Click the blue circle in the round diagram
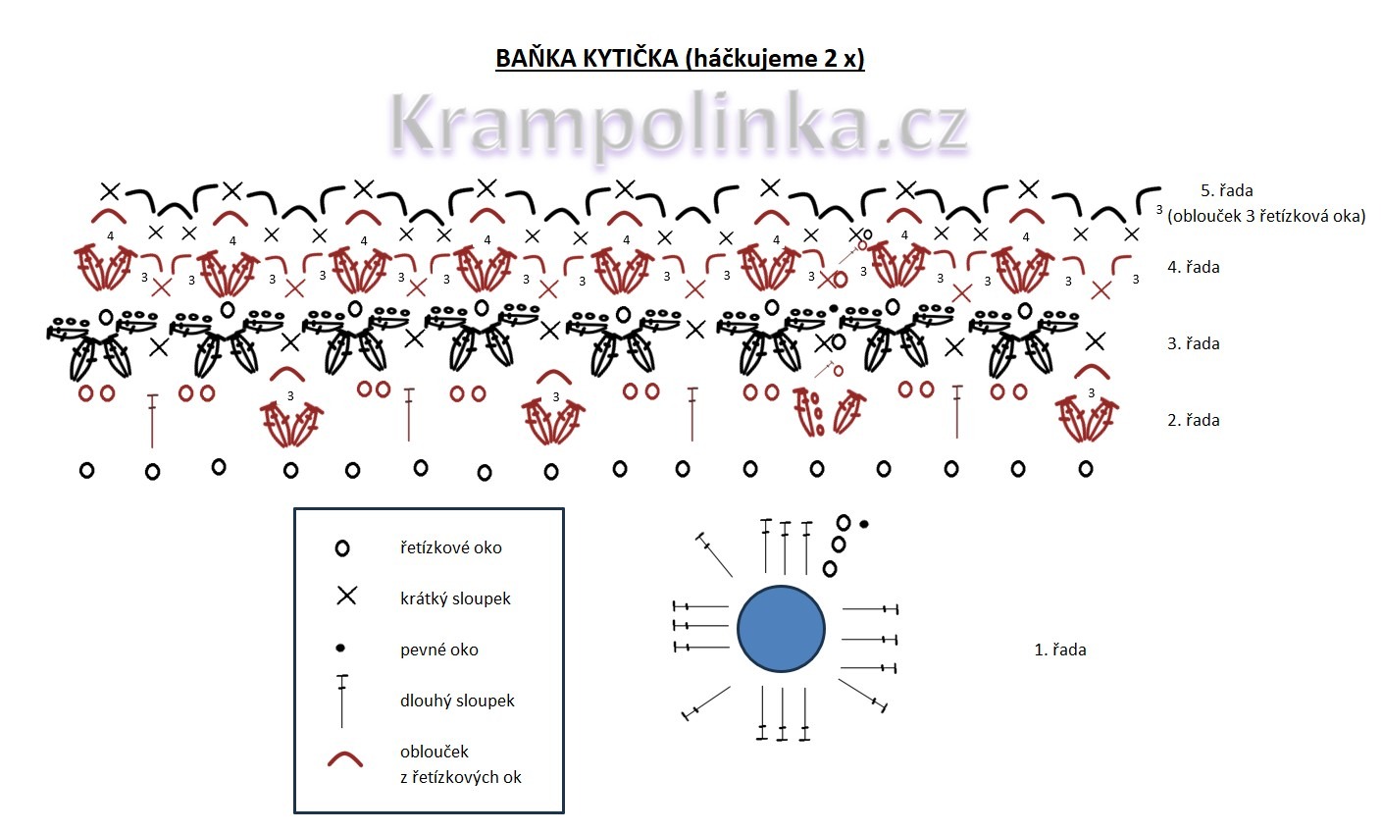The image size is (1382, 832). pyautogui.click(x=781, y=629)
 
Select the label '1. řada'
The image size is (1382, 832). pyautogui.click(x=1060, y=650)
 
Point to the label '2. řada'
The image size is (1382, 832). pyautogui.click(x=1193, y=420)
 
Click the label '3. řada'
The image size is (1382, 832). pyautogui.click(x=1193, y=343)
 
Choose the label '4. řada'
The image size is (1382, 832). pyautogui.click(x=1193, y=267)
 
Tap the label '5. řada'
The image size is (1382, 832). pyautogui.click(x=1226, y=190)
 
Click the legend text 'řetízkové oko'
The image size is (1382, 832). pyautogui.click(x=450, y=547)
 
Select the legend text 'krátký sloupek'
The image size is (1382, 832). pyautogui.click(x=455, y=598)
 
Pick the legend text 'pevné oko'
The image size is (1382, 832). pyautogui.click(x=438, y=650)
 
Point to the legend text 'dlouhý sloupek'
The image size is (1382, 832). pyautogui.click(x=457, y=701)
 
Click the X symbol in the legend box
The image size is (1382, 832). pyautogui.click(x=346, y=596)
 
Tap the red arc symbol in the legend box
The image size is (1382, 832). pyautogui.click(x=345, y=759)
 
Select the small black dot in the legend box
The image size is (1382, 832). pyautogui.click(x=340, y=648)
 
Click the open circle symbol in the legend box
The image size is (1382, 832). pyautogui.click(x=342, y=548)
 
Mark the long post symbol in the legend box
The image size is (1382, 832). pyautogui.click(x=342, y=701)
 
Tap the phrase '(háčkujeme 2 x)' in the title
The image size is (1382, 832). pyautogui.click(x=775, y=59)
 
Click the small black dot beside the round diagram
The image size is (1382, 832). pyautogui.click(x=864, y=524)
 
